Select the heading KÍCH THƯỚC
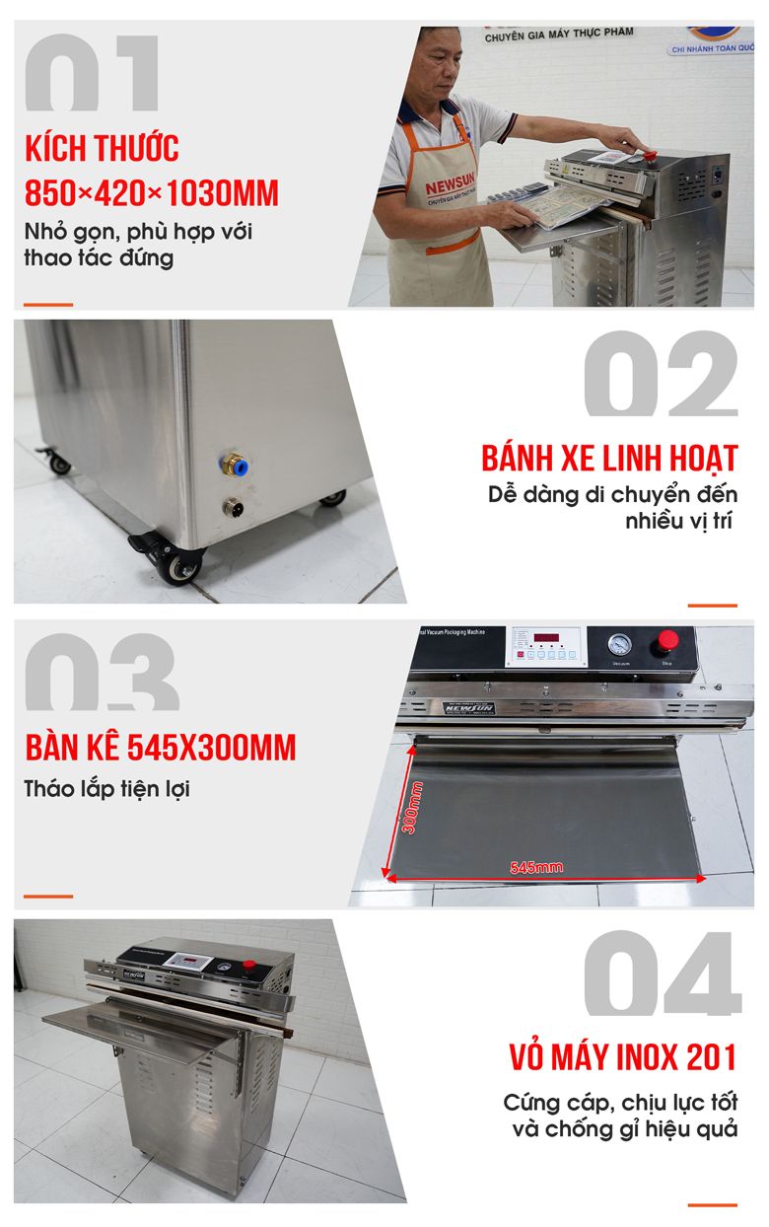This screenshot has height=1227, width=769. click(103, 149)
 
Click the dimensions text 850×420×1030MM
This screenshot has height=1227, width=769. click(152, 192)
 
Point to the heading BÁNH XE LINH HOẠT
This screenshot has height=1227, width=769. click(609, 459)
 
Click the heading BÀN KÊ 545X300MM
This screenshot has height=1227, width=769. click(161, 748)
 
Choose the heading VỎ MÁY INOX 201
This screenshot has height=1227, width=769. click(623, 1057)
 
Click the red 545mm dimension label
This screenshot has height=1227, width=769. click(536, 867)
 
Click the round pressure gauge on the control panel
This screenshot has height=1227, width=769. click(619, 644)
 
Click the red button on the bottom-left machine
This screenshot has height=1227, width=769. click(248, 964)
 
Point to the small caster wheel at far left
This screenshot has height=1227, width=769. click(58, 462)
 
